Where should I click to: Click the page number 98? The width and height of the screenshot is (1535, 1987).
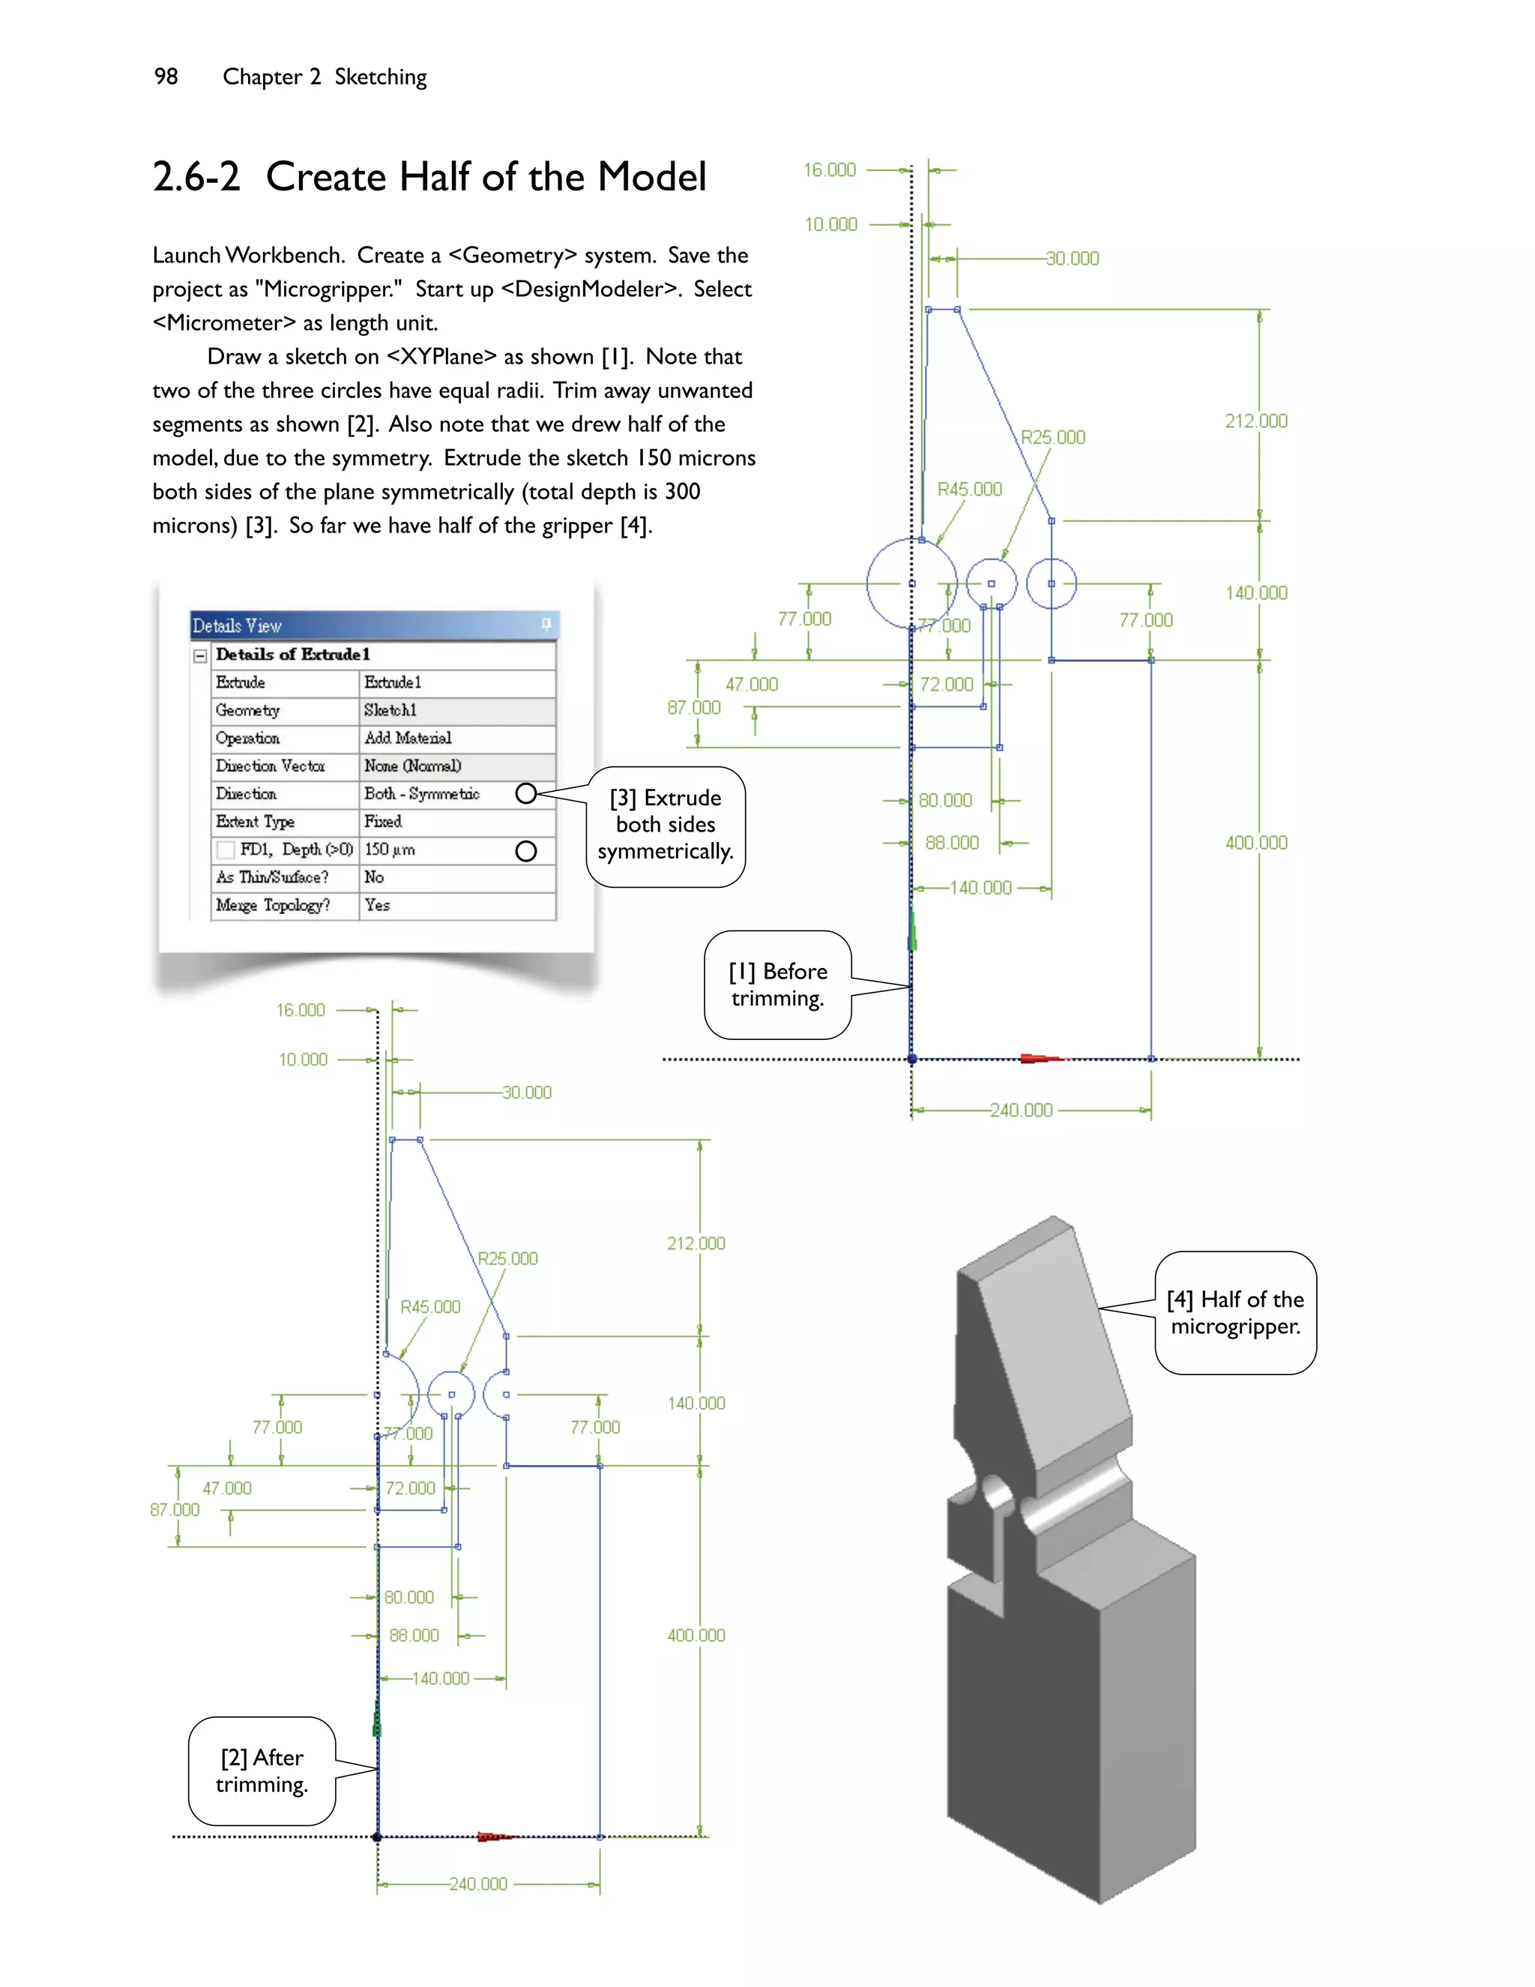tap(166, 76)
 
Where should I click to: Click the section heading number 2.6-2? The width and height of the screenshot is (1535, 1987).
tap(196, 176)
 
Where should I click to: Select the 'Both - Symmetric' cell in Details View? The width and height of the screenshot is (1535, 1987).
tap(422, 793)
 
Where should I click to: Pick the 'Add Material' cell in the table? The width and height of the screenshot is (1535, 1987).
tap(408, 738)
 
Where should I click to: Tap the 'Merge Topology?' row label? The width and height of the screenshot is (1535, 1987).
tap(273, 905)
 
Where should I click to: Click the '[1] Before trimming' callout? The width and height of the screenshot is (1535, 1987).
tap(777, 985)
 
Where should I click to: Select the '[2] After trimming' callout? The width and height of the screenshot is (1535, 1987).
tap(262, 1770)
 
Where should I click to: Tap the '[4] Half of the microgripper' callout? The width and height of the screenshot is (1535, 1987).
tap(1235, 1312)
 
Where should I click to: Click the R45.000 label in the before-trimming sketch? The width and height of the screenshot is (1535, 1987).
tap(969, 490)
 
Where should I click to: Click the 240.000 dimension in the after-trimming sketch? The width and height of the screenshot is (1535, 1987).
tap(478, 1884)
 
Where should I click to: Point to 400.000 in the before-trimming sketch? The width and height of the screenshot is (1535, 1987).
tap(1256, 843)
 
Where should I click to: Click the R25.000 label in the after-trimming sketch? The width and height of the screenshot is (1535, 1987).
tap(507, 1258)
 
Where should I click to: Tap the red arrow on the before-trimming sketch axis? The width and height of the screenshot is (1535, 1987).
tap(1040, 1058)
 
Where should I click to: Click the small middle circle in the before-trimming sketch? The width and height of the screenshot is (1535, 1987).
tap(991, 583)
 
